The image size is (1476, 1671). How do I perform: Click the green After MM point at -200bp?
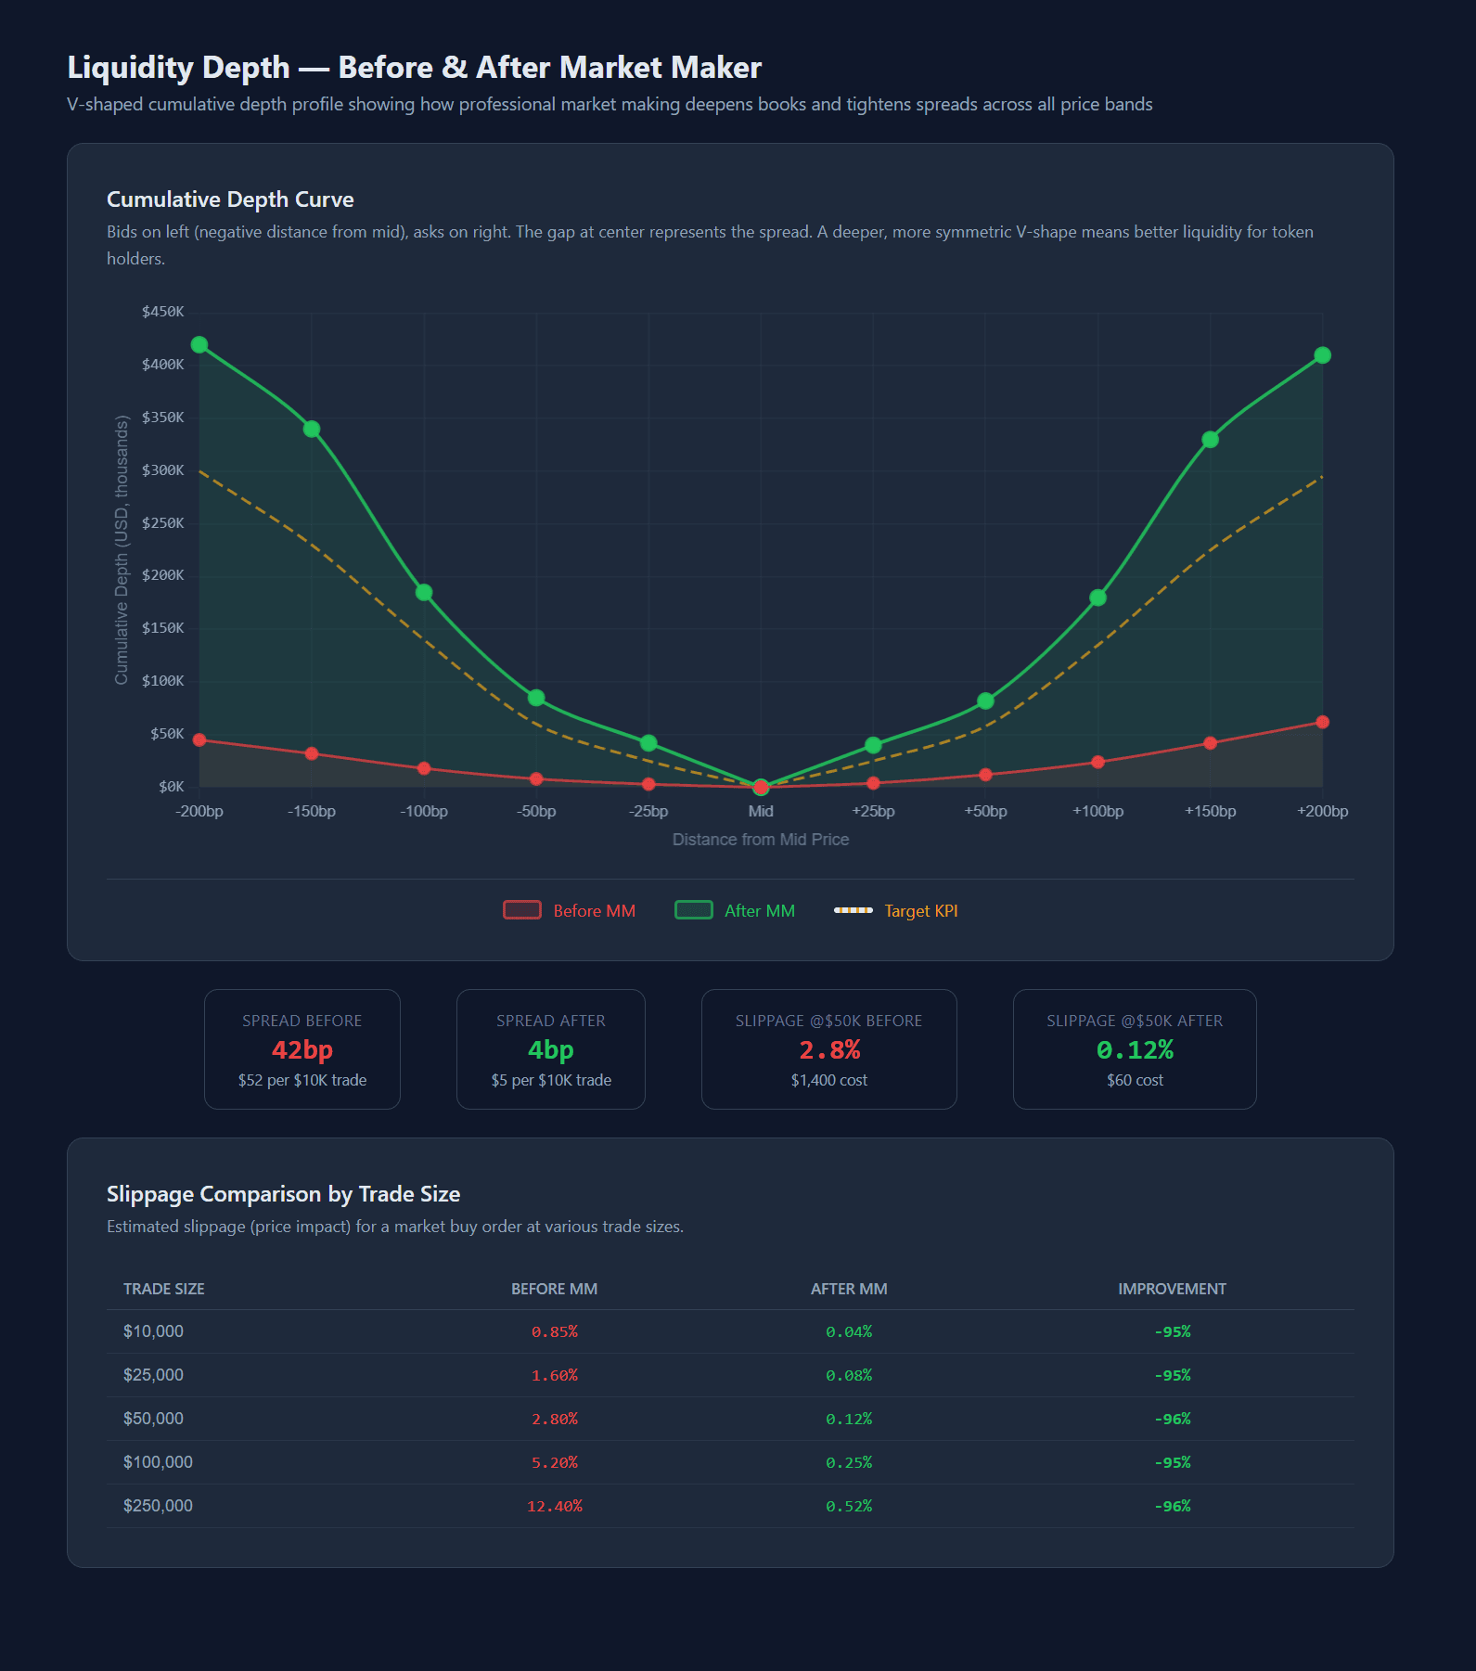[x=199, y=345]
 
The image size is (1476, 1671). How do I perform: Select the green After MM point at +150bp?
[x=1210, y=440]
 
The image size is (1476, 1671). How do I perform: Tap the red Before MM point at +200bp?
[x=1322, y=722]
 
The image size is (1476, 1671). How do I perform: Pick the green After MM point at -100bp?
[x=424, y=593]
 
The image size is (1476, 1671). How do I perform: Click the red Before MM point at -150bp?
[x=312, y=753]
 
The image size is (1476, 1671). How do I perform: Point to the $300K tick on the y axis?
[x=162, y=470]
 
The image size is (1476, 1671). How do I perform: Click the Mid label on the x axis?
[x=761, y=811]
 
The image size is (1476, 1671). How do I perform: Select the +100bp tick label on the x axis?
[x=1097, y=811]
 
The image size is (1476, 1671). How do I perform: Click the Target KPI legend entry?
[x=920, y=911]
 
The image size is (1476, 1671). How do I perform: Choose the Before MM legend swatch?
[x=521, y=910]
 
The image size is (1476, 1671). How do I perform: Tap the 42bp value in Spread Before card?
[x=302, y=1050]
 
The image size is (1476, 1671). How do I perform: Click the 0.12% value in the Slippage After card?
[x=1135, y=1050]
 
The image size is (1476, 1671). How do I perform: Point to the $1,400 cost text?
[x=829, y=1080]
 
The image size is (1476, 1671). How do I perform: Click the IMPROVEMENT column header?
[x=1172, y=1289]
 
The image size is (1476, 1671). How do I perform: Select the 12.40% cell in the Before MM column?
[x=555, y=1506]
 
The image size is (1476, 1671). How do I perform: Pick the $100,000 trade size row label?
[x=158, y=1462]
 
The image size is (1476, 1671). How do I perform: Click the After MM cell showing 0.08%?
[x=849, y=1375]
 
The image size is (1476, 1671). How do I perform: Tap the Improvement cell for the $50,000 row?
[x=1172, y=1419]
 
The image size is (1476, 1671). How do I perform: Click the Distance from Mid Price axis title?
[x=761, y=840]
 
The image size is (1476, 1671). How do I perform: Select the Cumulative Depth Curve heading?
[x=230, y=199]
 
